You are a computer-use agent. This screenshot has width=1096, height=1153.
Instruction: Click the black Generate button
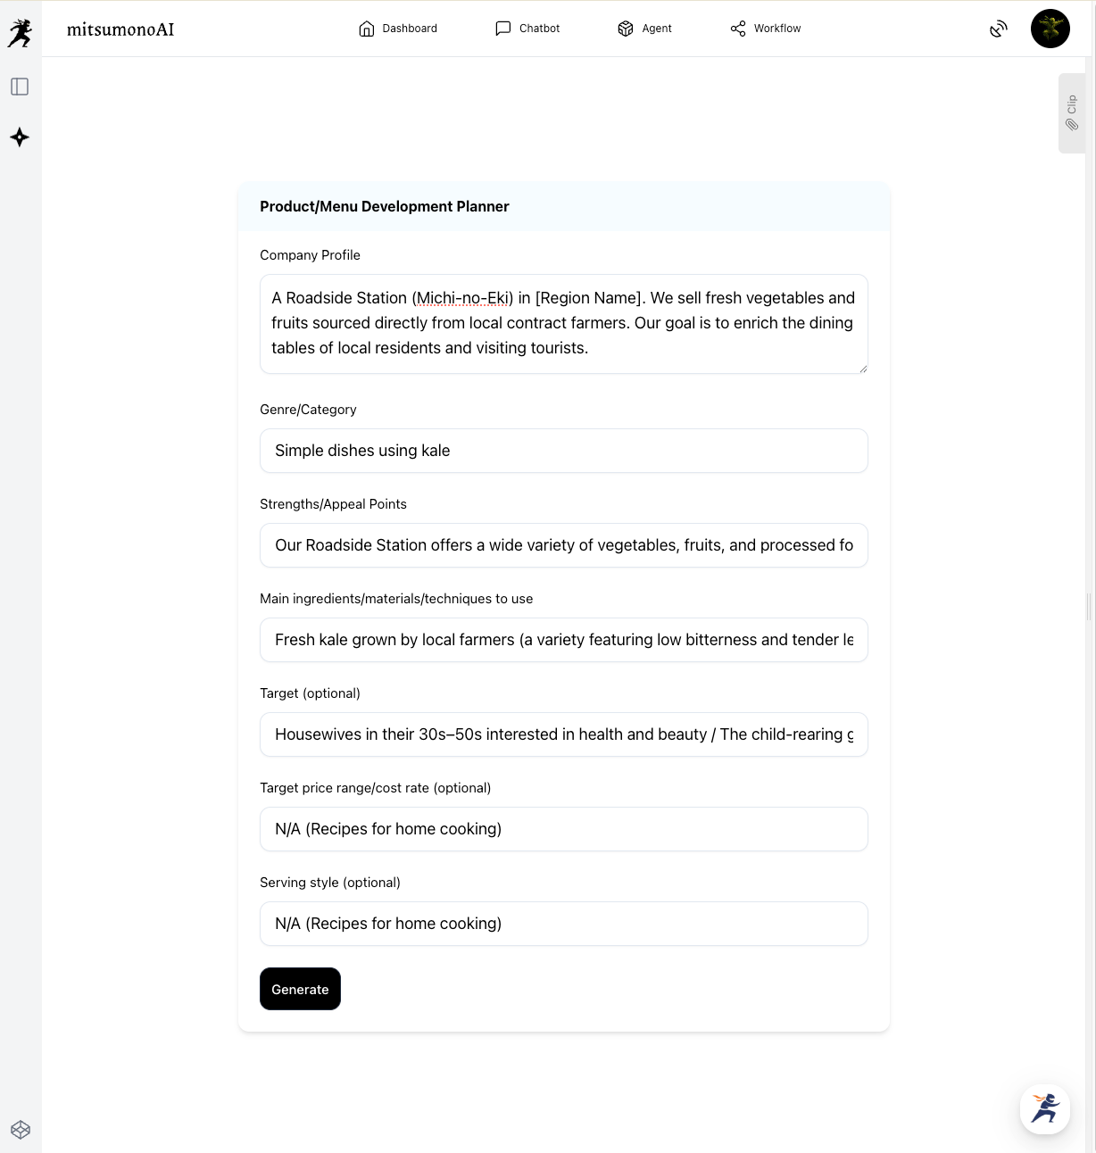(300, 989)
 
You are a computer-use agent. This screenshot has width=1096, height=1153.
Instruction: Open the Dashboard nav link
(398, 29)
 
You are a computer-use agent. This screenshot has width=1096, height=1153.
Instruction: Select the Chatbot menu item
(527, 29)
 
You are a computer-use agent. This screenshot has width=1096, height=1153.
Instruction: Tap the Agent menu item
(644, 29)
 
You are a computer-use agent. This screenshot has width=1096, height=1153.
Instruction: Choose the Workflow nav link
(766, 29)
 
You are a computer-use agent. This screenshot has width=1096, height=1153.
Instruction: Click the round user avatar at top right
(1050, 29)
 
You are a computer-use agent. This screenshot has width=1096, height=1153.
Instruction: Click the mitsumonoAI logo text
(120, 29)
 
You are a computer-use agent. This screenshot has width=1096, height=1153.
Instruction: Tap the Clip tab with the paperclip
(1071, 113)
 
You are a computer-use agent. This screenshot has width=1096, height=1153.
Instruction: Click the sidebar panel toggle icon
(20, 87)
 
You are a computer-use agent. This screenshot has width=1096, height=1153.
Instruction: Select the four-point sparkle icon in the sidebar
(20, 137)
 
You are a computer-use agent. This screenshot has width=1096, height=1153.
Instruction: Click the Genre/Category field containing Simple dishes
(563, 451)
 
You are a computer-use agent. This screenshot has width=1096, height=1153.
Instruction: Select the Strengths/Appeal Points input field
(563, 545)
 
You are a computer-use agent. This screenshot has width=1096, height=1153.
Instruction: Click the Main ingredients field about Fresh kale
(563, 640)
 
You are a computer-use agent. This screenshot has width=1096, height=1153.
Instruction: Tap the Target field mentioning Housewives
(563, 734)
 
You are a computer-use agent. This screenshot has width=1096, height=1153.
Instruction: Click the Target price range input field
(563, 829)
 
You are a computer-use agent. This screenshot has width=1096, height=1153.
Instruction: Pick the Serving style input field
(563, 924)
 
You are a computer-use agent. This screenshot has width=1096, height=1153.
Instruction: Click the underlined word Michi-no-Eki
(462, 298)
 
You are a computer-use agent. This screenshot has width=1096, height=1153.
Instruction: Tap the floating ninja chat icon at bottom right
(1044, 1108)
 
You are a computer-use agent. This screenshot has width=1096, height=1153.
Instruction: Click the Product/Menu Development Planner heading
(385, 206)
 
